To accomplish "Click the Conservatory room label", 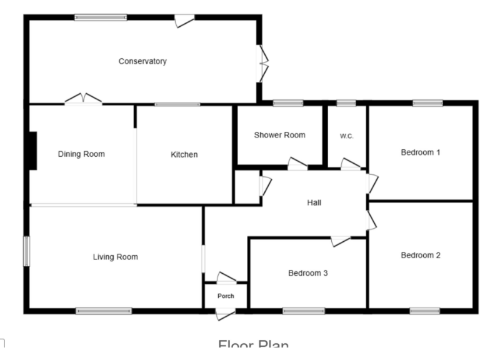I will [142, 61].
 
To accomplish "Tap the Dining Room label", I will [81, 154].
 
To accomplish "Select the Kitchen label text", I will [184, 154].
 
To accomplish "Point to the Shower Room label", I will [279, 135].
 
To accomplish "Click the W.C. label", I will [347, 136].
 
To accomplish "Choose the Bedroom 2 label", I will [421, 255].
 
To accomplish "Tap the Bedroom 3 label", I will [308, 273].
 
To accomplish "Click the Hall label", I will [314, 202].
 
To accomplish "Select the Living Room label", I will [115, 257].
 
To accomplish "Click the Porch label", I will [226, 296].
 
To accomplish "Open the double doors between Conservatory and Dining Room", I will [84, 99].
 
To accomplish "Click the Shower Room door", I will [296, 164].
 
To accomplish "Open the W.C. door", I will [350, 164].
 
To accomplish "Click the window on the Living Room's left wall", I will [27, 250].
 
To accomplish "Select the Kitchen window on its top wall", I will [177, 104].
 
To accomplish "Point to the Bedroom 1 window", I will [427, 103].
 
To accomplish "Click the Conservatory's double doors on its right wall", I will [263, 62].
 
